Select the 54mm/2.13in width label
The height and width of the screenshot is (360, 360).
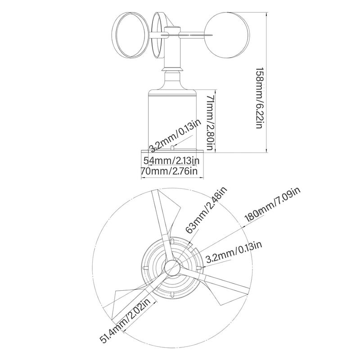[x=171, y=160]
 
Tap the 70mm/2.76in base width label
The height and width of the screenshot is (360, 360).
[x=169, y=171]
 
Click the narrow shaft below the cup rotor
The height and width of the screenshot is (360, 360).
[x=172, y=54]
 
